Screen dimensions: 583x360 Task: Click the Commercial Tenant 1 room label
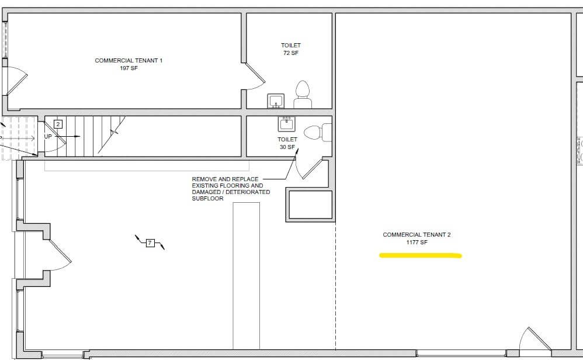(129, 60)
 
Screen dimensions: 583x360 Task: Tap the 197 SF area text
(129, 68)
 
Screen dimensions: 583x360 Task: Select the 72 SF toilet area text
(291, 53)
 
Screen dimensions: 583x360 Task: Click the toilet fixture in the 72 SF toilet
(303, 95)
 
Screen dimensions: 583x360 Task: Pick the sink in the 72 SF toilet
(276, 101)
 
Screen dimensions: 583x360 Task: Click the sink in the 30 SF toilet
(287, 124)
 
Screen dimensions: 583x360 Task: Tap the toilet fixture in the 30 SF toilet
(318, 133)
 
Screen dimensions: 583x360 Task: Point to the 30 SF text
(287, 147)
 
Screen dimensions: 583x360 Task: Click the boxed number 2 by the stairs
(58, 124)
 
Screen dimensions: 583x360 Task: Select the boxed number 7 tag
(150, 243)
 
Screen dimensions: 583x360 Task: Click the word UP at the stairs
(48, 137)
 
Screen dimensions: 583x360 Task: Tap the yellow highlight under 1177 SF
(420, 255)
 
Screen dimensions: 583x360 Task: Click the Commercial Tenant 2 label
(417, 235)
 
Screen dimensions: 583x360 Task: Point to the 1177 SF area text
(417, 242)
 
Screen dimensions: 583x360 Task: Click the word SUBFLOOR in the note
(207, 199)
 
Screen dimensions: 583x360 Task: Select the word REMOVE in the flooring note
(204, 179)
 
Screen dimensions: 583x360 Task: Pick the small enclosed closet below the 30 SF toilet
(310, 205)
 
